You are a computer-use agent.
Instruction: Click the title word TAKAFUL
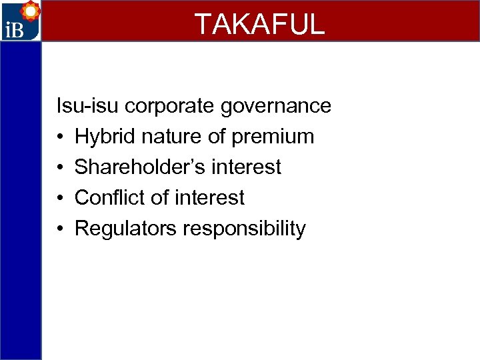(259, 23)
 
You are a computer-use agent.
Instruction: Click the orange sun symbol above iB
(29, 11)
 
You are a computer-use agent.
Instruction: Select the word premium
(273, 137)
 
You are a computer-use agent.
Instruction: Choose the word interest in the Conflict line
(209, 197)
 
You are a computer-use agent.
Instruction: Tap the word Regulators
(125, 229)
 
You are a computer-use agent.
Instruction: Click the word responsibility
(244, 229)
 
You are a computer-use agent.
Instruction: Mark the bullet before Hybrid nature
(60, 137)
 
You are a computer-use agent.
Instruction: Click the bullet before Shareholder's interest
(60, 167)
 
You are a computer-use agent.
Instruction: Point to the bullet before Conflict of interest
(60, 198)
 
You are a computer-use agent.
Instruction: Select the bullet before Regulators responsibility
(60, 229)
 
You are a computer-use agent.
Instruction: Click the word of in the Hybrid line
(216, 137)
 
